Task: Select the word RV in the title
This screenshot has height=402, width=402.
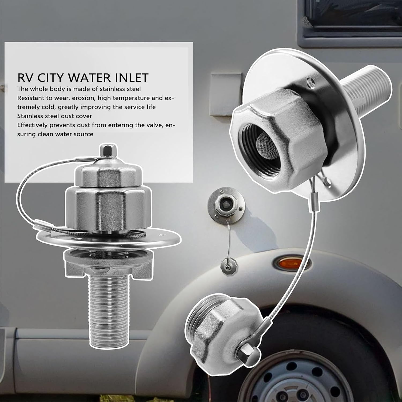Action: pos(26,78)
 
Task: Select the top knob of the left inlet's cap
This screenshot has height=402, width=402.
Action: pos(105,151)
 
